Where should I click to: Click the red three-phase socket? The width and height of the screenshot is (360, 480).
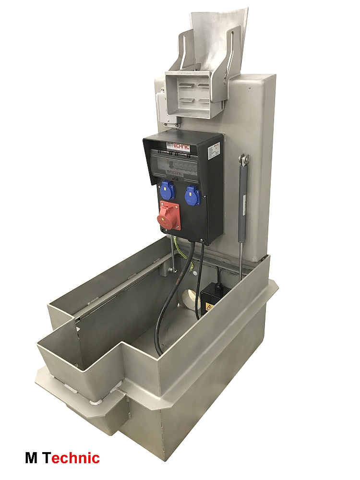(x=169, y=215)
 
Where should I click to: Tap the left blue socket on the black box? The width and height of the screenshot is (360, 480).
(x=167, y=191)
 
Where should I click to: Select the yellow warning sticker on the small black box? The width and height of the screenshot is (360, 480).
(x=210, y=308)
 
